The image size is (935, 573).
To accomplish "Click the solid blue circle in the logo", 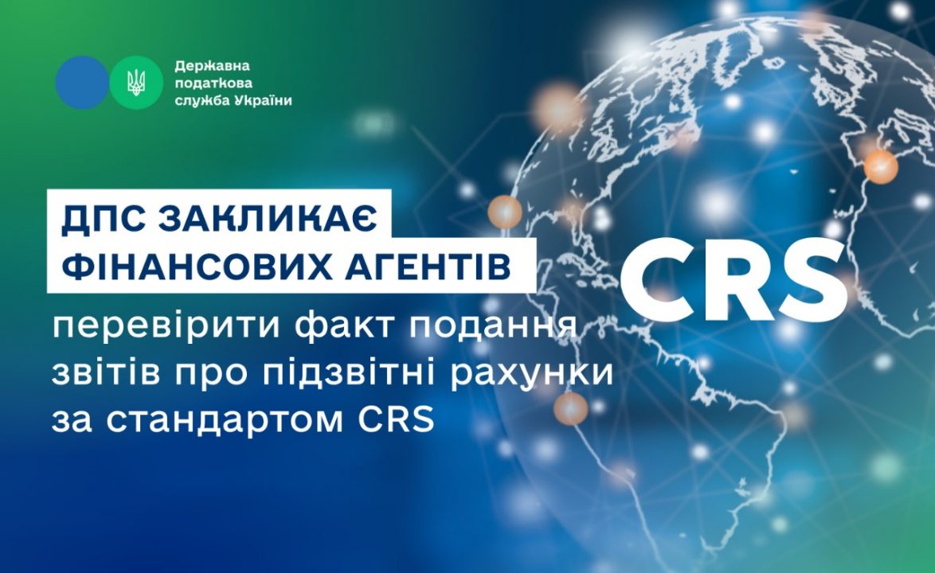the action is (82, 83).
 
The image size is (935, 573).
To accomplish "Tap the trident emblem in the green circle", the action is (136, 83).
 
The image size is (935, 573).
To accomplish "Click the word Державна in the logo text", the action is (213, 65).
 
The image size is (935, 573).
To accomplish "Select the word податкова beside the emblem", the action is (213, 83).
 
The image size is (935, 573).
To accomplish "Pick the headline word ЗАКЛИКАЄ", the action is (268, 218).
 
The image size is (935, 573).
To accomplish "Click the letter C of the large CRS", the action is (659, 280).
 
